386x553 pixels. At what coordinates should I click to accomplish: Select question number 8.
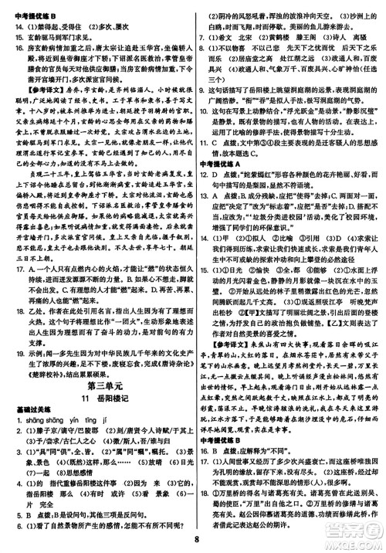click(x=203, y=57)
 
